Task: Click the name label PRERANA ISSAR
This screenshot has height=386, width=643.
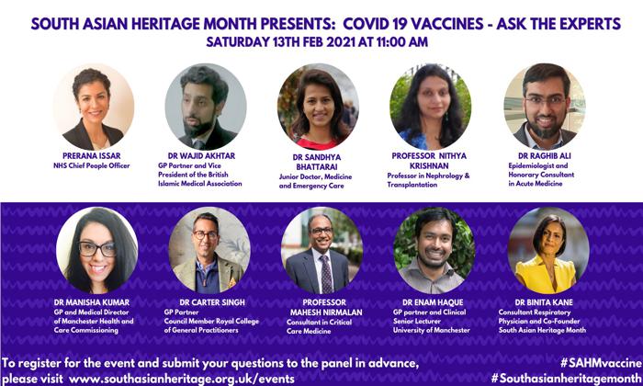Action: pyautogui.click(x=92, y=156)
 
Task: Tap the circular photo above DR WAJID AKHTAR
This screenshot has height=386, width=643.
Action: pyautogui.click(x=206, y=107)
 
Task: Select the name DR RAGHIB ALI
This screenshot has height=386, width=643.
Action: pyautogui.click(x=544, y=156)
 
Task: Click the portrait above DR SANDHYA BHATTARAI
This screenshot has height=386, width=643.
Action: pyautogui.click(x=318, y=107)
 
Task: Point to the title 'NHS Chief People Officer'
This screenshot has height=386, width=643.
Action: pyautogui.click(x=92, y=165)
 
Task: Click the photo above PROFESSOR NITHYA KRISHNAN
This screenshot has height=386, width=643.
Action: pyautogui.click(x=430, y=107)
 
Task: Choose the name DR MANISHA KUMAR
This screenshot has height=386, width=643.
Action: pyautogui.click(x=92, y=302)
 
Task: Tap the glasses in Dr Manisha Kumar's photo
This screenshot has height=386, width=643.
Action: pyautogui.click(x=96, y=249)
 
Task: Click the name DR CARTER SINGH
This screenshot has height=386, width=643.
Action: pyautogui.click(x=212, y=302)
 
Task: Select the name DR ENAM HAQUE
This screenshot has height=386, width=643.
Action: pyautogui.click(x=433, y=302)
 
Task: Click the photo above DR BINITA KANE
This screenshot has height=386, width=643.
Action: pyautogui.click(x=548, y=250)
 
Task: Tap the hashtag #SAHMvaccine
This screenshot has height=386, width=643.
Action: pyautogui.click(x=601, y=363)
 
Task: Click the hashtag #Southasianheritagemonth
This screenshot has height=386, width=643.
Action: pyautogui.click(x=567, y=379)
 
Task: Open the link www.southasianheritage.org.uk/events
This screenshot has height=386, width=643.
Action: pyautogui.click(x=182, y=379)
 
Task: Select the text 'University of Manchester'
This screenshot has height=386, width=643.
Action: pyautogui.click(x=432, y=330)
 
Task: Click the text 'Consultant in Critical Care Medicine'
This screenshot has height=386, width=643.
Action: pyautogui.click(x=319, y=326)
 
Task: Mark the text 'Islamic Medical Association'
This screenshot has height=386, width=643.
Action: pyautogui.click(x=200, y=184)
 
